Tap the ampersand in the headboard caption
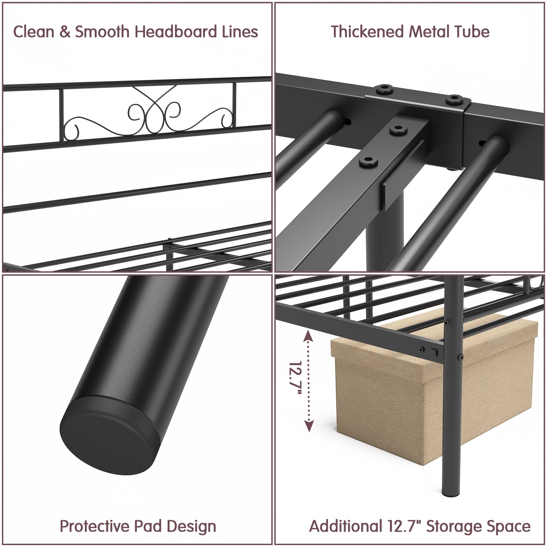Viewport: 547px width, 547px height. tap(65, 32)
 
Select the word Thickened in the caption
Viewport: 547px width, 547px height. tap(367, 31)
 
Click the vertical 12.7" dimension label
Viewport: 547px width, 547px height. tap(295, 378)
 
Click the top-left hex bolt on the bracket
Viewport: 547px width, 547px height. tap(385, 89)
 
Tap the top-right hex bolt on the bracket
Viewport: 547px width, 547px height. tap(454, 100)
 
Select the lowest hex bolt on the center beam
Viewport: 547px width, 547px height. tap(368, 162)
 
